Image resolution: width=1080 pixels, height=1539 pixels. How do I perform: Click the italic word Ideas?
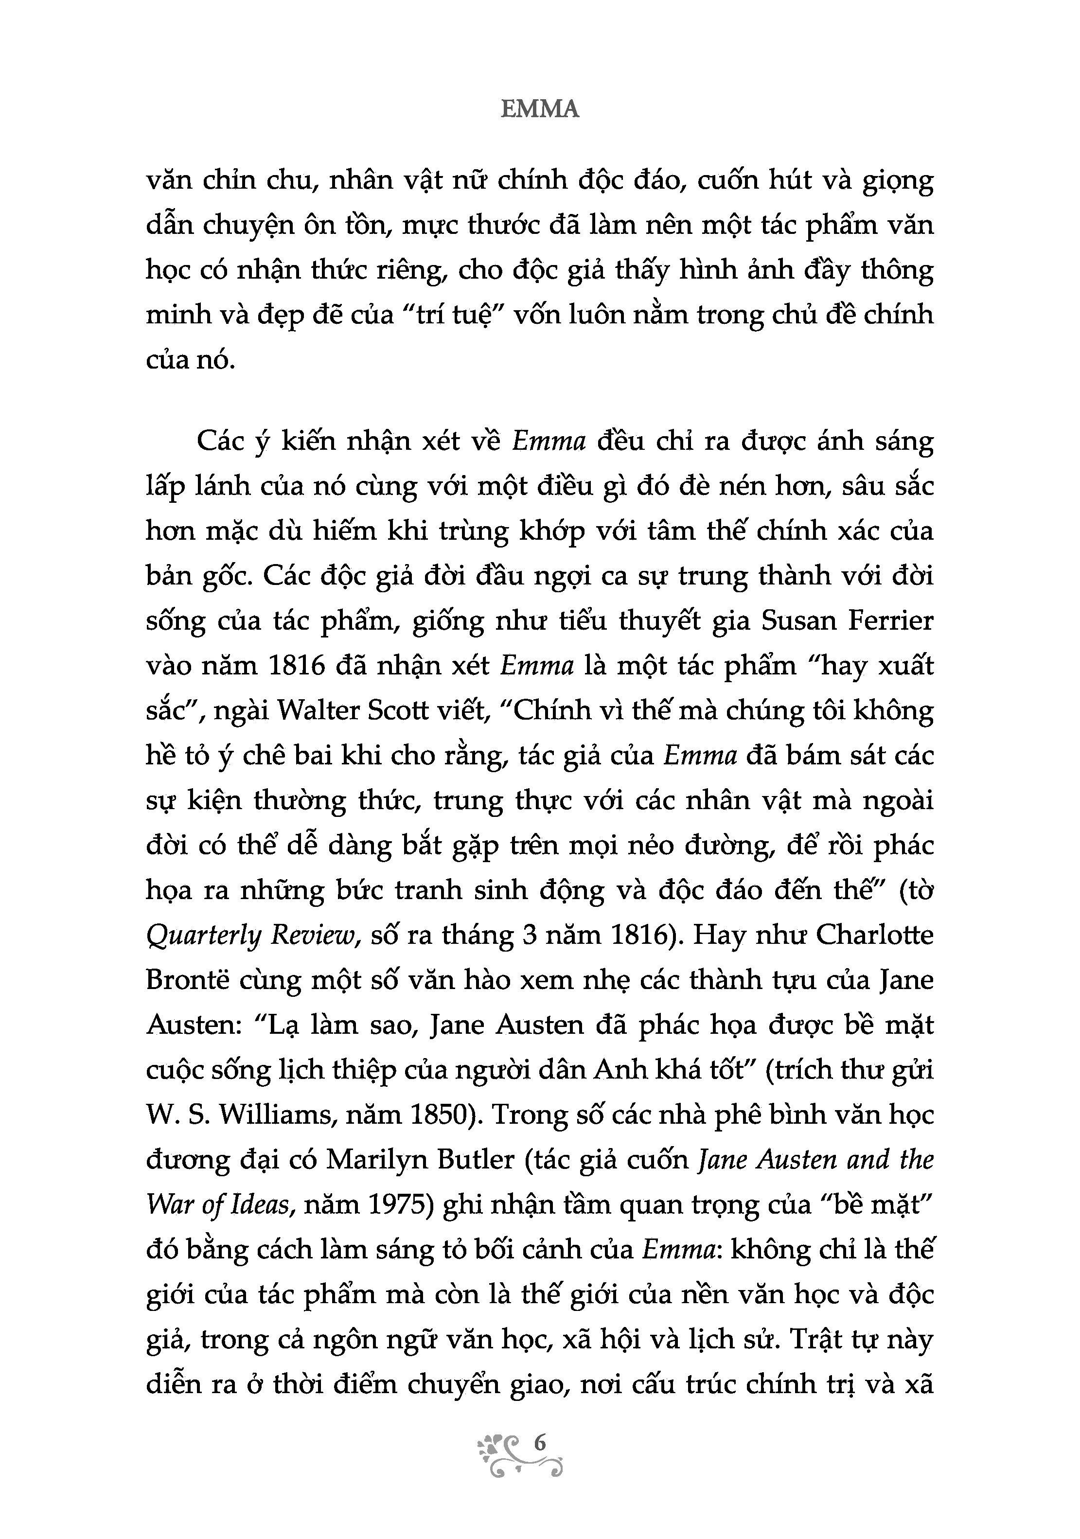(x=260, y=1204)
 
